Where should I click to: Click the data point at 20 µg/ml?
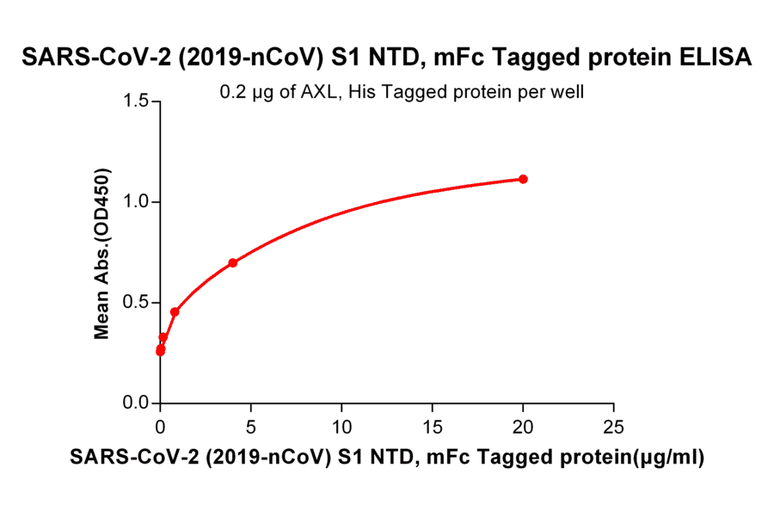coord(523,179)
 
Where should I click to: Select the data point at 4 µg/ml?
coord(233,262)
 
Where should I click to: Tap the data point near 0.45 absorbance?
coord(175,311)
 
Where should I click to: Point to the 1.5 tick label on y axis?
coord(135,102)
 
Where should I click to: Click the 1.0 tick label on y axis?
coord(135,202)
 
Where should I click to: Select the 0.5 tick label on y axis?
coord(135,303)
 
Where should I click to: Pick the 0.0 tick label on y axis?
coord(135,403)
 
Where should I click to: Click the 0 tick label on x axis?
coord(160,426)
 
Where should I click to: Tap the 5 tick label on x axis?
coord(251,426)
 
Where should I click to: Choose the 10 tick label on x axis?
coord(341,426)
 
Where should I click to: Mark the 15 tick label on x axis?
coord(432,426)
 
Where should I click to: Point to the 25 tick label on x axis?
coord(613,426)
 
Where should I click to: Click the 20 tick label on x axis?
coord(523,426)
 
